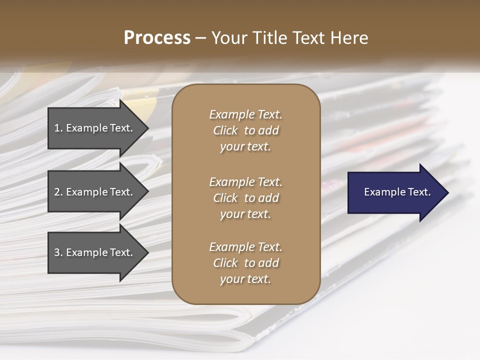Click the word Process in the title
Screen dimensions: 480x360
(x=157, y=38)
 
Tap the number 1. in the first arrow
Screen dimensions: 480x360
(x=58, y=128)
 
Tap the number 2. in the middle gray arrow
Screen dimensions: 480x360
(x=58, y=192)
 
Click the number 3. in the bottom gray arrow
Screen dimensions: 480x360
(x=58, y=252)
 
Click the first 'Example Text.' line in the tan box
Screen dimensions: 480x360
(x=245, y=114)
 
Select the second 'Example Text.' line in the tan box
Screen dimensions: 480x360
(x=245, y=182)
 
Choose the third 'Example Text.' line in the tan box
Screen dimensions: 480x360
(x=245, y=247)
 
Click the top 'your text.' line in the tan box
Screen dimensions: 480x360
(x=245, y=147)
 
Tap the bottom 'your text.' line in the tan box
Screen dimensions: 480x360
(x=245, y=279)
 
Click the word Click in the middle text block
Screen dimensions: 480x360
(x=225, y=198)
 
